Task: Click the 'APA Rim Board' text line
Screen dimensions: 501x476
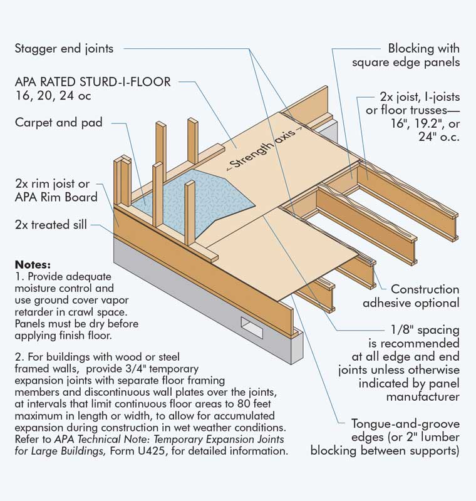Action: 56,197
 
